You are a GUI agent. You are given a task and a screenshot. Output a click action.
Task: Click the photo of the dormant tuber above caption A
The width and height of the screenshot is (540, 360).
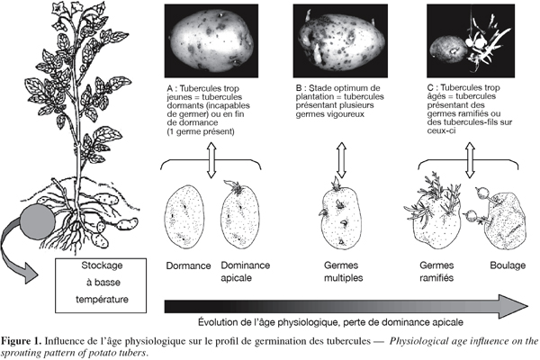(211, 40)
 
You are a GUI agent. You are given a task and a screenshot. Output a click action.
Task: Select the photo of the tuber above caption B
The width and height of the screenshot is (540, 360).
(340, 40)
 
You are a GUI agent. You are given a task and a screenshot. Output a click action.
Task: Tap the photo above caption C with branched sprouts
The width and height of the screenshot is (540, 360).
(471, 40)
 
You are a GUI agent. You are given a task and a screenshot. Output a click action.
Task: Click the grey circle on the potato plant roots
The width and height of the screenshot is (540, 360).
(37, 220)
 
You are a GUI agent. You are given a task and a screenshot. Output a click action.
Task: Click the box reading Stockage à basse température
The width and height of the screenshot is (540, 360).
(101, 285)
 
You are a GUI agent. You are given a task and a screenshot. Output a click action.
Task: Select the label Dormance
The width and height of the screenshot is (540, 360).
(188, 266)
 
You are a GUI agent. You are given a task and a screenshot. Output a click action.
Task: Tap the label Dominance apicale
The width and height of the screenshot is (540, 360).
(245, 272)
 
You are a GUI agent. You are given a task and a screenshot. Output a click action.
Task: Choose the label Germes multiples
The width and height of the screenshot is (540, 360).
(343, 272)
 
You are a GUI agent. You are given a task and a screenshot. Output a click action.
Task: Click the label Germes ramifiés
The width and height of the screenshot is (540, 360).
(436, 272)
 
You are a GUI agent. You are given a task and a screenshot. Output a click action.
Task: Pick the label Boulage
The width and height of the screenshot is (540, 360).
(508, 265)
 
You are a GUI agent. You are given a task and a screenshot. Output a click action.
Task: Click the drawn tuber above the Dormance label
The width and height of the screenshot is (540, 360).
(184, 216)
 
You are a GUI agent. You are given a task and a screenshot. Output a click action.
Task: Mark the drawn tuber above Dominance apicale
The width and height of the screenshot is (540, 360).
(240, 215)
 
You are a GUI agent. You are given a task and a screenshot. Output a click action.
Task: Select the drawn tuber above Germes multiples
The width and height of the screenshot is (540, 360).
(341, 216)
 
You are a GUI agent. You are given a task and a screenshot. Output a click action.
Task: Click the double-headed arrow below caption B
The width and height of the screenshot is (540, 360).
(341, 160)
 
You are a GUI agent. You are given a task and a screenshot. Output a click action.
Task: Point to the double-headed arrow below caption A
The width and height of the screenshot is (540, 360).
(211, 160)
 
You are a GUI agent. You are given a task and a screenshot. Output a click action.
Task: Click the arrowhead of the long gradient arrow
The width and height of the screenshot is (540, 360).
(513, 306)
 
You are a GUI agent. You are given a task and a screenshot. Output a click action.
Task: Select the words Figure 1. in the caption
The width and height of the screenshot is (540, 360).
(22, 341)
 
